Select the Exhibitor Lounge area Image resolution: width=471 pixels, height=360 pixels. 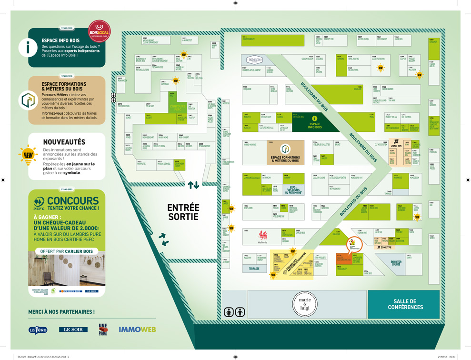coord(396,263)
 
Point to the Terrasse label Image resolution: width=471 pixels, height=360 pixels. coord(254,269)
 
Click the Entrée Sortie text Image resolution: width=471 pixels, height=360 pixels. coord(183,212)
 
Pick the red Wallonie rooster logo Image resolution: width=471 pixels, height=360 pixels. coord(262,236)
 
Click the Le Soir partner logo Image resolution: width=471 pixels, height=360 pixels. coord(73,329)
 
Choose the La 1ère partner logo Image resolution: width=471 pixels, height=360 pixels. coord(38,330)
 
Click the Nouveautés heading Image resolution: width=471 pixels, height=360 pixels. coord(64,142)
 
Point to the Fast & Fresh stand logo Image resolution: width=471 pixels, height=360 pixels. coord(254,60)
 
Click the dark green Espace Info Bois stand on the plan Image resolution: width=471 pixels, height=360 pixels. coord(315,122)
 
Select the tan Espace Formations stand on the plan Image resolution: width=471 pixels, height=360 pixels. coord(285,152)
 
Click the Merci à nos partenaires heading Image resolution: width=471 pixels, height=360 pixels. coord(61,312)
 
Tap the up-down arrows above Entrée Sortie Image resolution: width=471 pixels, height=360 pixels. coord(193,185)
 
